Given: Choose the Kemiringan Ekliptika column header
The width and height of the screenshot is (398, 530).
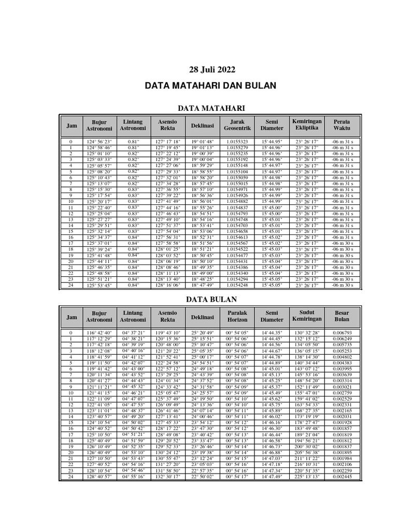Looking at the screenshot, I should click(x=307, y=125).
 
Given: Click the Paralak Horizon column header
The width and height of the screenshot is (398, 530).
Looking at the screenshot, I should click(x=237, y=316).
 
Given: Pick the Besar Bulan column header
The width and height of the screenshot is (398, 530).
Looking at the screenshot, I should click(x=342, y=316).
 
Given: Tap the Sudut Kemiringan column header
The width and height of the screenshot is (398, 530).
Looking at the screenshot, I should click(x=307, y=316).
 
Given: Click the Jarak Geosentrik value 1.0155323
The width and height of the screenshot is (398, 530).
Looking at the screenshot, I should click(x=237, y=141).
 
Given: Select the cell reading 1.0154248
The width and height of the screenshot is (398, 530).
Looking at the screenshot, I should click(x=237, y=285).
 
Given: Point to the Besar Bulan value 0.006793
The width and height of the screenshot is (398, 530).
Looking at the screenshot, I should click(x=342, y=333).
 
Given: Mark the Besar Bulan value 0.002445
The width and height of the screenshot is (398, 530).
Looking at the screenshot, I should click(x=342, y=477).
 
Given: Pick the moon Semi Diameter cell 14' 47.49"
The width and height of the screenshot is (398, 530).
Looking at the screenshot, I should click(x=272, y=477).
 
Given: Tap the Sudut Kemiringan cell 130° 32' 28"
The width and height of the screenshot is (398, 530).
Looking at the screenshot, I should click(x=307, y=333).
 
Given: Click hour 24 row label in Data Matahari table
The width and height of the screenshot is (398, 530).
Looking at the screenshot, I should click(x=71, y=285).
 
